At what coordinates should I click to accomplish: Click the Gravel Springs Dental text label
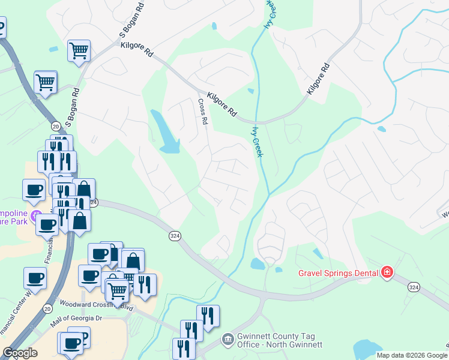point(339,274)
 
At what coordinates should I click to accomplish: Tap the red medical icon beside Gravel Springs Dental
point(387,273)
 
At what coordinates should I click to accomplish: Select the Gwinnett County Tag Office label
point(280,340)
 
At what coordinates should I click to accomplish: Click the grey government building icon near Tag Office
point(227,340)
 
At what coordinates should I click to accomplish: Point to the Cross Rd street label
point(203,112)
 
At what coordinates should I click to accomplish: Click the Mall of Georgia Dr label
point(77,323)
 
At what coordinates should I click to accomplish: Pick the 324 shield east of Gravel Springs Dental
point(413,287)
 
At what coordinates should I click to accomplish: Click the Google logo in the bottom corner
point(20,353)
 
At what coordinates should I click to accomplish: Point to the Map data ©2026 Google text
point(412,355)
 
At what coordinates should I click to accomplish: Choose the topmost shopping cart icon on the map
point(79,51)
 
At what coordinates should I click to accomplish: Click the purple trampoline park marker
point(37,214)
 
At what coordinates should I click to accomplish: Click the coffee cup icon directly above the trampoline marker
point(34,190)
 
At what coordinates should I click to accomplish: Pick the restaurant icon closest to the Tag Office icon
point(207,316)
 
